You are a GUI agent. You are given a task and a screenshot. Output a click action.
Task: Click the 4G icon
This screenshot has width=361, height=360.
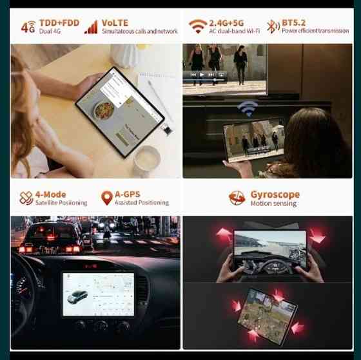pos(28,27)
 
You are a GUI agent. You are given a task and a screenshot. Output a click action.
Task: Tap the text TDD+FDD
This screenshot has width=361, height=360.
pos(59,22)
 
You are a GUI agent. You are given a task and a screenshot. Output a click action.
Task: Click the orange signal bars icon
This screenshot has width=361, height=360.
pos(91,26)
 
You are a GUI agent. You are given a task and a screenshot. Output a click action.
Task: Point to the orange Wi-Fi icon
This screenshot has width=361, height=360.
pos(198,26)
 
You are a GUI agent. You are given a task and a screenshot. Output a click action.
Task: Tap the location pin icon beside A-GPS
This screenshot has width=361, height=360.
pos(106,198)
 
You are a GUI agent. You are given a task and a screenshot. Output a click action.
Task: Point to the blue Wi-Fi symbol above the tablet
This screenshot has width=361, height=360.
pos(247,107)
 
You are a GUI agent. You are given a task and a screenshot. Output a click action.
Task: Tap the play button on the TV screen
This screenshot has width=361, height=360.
pos(202,74)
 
